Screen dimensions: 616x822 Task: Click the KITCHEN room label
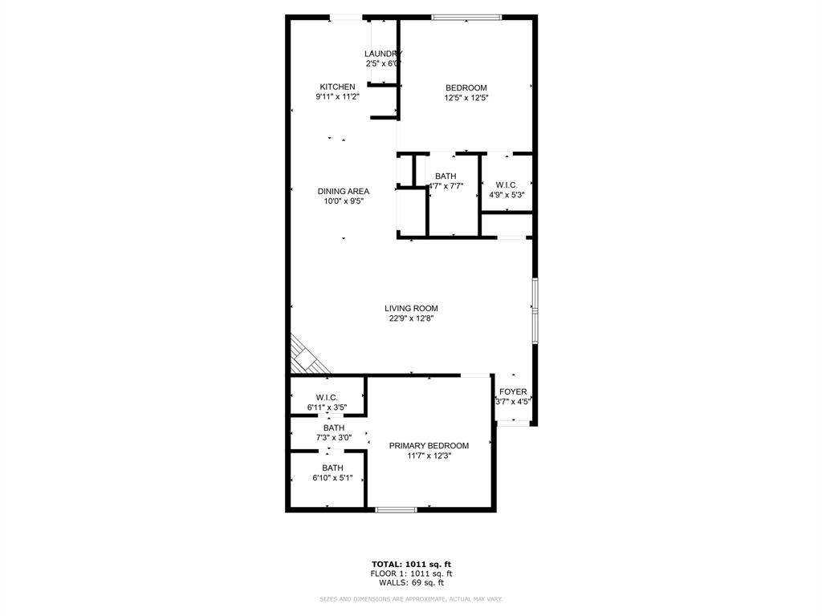tap(337, 87)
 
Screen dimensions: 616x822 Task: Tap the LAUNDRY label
tap(383, 54)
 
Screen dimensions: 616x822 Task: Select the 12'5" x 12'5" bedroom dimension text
tap(466, 98)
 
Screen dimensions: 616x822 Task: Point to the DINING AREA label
tap(343, 191)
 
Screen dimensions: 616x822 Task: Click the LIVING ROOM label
tap(411, 308)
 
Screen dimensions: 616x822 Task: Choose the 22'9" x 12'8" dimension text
tap(411, 318)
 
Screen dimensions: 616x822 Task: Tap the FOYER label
tap(513, 391)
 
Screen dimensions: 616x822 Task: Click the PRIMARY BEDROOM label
tap(429, 445)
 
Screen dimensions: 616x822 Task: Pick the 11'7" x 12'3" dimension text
tap(429, 456)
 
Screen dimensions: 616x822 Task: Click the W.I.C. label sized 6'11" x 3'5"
tap(327, 397)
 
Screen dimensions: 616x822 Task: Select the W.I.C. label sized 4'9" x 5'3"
tap(507, 184)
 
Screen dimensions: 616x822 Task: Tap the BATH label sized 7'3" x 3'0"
tap(334, 428)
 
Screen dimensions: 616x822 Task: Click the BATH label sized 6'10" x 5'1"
tap(332, 468)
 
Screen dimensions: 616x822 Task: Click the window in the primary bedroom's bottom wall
tap(397, 509)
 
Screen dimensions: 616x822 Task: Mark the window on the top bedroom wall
tap(466, 17)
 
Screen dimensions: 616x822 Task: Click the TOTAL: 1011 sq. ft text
tap(411, 564)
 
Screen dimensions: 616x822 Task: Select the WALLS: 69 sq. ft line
tap(411, 583)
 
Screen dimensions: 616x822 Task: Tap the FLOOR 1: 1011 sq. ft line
tap(411, 573)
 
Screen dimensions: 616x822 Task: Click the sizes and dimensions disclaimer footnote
tap(411, 599)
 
